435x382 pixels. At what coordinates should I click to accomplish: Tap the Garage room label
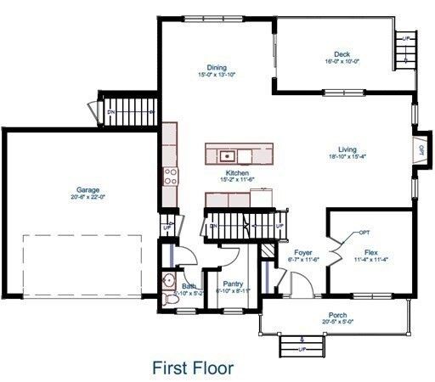[x=88, y=189]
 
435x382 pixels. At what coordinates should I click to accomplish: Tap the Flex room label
[x=370, y=252]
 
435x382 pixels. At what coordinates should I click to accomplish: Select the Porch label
[x=336, y=314]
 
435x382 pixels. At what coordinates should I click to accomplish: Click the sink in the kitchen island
[x=227, y=155]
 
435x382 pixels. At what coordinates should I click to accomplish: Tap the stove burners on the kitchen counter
[x=170, y=177]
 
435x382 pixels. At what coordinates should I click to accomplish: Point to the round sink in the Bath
[x=167, y=282]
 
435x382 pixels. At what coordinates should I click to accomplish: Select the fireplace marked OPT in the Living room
[x=420, y=149]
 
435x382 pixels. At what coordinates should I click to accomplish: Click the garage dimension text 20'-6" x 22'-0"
[x=88, y=197]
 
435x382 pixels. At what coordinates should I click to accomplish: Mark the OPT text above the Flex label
[x=364, y=232]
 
